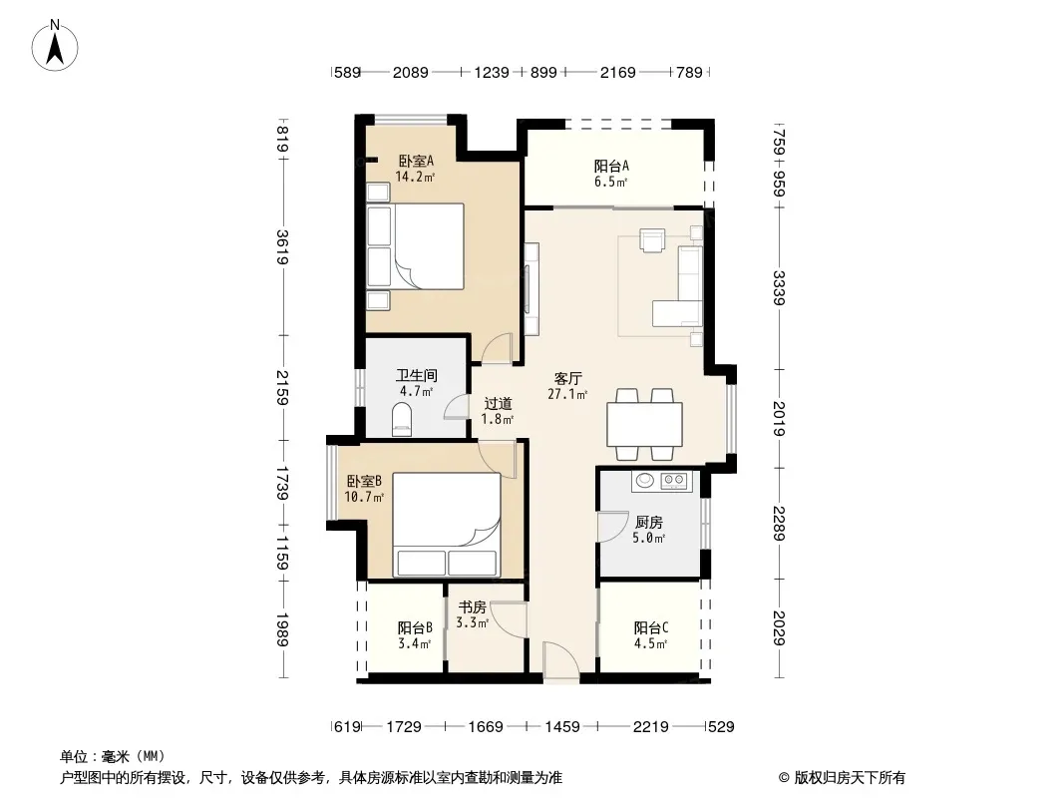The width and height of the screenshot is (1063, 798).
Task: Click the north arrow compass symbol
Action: [x=55, y=45]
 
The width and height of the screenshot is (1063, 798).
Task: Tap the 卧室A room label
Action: [x=416, y=162]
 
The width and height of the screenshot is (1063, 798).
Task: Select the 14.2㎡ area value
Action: [x=415, y=177]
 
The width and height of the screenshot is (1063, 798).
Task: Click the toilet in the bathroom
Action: [x=402, y=419]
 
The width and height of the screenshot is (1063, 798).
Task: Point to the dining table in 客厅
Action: [x=644, y=424]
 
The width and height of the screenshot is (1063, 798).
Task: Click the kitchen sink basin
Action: [x=644, y=481]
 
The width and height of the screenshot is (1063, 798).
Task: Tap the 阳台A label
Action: [x=611, y=167]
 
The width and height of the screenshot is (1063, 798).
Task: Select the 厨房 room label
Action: [x=649, y=522]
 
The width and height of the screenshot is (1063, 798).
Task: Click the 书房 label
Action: [x=472, y=606]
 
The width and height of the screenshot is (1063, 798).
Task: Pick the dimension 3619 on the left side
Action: [x=282, y=247]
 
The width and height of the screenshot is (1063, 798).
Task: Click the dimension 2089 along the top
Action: [x=410, y=72]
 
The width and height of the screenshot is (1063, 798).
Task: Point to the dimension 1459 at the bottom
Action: [x=562, y=727]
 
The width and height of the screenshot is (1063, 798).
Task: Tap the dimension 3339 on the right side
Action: [x=779, y=288]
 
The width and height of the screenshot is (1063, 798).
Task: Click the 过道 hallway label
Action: [x=498, y=404]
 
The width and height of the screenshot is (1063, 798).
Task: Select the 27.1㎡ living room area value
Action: [x=567, y=394]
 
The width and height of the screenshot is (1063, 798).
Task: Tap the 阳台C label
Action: [x=651, y=627]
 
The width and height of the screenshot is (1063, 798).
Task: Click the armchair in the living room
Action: [x=653, y=240]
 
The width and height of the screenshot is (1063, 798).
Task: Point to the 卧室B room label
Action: [x=364, y=482]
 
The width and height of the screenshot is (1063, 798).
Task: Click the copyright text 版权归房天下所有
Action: [x=850, y=778]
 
